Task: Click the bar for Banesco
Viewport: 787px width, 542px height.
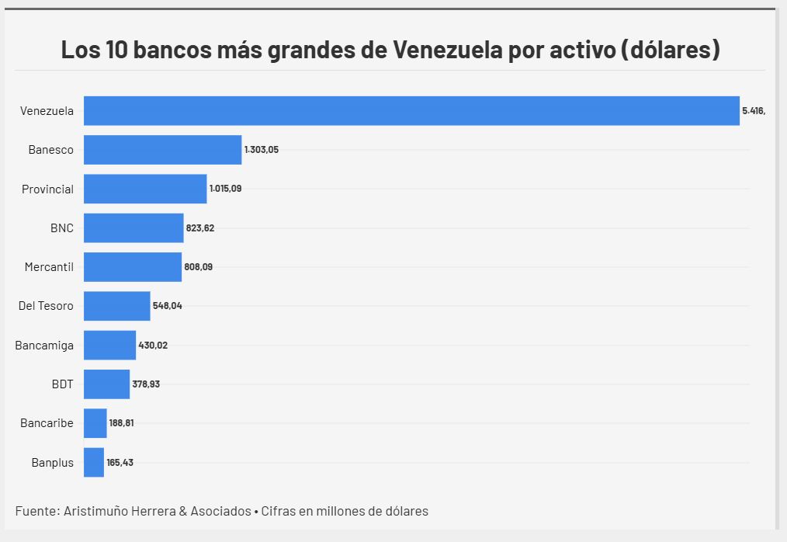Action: pyautogui.click(x=162, y=150)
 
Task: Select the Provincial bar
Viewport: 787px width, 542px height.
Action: pyautogui.click(x=145, y=189)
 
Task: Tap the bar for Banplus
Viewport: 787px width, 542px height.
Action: pyautogui.click(x=94, y=462)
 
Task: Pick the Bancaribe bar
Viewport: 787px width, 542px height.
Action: pyautogui.click(x=95, y=423)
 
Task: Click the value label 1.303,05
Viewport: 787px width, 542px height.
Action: pyautogui.click(x=261, y=150)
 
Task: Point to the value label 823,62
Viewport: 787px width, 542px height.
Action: pyautogui.click(x=200, y=228)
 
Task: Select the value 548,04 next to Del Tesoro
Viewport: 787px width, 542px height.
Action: pyautogui.click(x=167, y=306)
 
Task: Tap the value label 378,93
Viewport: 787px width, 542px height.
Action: pyautogui.click(x=146, y=384)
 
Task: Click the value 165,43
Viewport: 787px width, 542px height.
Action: pyautogui.click(x=120, y=462)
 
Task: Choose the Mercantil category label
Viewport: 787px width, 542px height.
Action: pyautogui.click(x=49, y=267)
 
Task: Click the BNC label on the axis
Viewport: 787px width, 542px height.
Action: pyautogui.click(x=61, y=228)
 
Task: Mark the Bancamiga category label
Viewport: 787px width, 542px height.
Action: pyautogui.click(x=44, y=345)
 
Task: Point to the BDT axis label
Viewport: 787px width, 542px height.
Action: pyautogui.click(x=61, y=384)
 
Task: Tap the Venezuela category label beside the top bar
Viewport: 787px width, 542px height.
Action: pyautogui.click(x=47, y=111)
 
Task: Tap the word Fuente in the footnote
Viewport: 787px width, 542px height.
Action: pyautogui.click(x=34, y=511)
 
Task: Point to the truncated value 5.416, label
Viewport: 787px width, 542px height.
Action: pyautogui.click(x=753, y=111)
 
